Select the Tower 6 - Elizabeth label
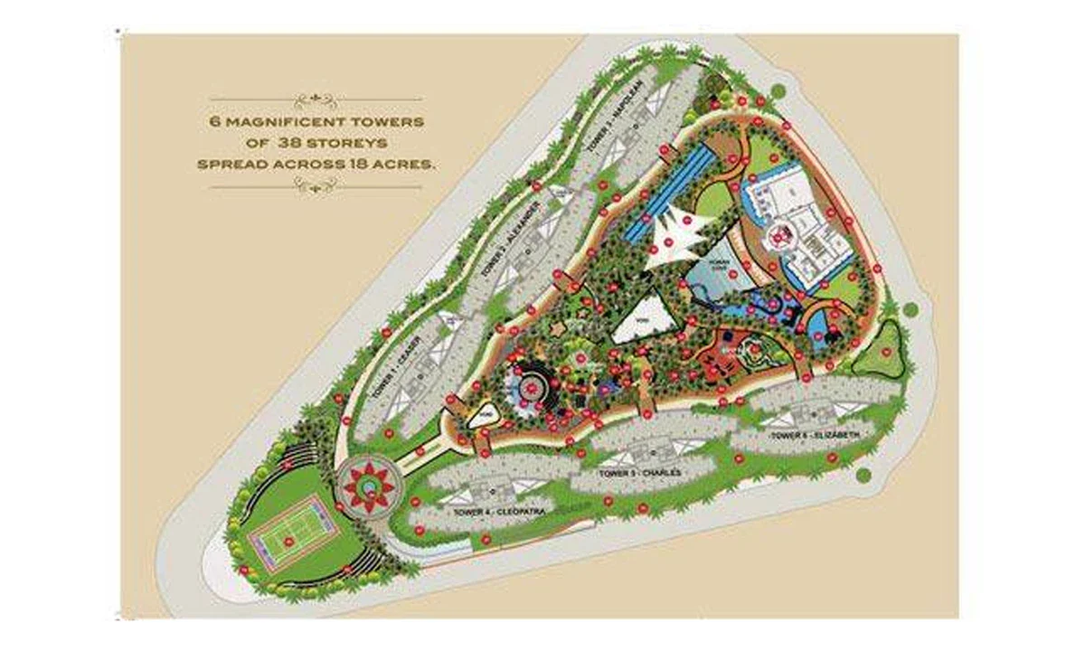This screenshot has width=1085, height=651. pyautogui.click(x=810, y=436)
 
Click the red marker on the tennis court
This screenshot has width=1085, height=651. pyautogui.click(x=288, y=541)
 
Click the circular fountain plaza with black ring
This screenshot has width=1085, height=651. pyautogui.click(x=533, y=386)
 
